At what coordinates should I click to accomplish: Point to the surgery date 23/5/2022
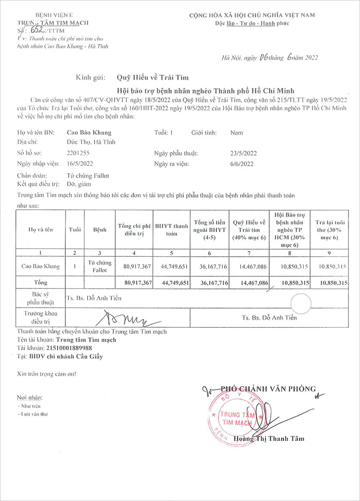[244, 154]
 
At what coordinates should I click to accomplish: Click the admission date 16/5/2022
[80, 164]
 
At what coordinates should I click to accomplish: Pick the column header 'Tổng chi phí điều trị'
[134, 229]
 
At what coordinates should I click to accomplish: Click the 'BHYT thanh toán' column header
[171, 229]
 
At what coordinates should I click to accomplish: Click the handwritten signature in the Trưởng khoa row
[127, 317]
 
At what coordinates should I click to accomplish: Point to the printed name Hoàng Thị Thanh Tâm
[269, 438]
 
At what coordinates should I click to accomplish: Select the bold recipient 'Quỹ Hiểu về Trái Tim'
[153, 77]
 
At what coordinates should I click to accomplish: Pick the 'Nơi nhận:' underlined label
[29, 398]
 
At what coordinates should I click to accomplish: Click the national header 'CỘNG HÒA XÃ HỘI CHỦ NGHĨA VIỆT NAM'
[252, 15]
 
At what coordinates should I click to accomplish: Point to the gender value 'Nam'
[236, 132]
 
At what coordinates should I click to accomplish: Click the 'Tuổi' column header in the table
[75, 229]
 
